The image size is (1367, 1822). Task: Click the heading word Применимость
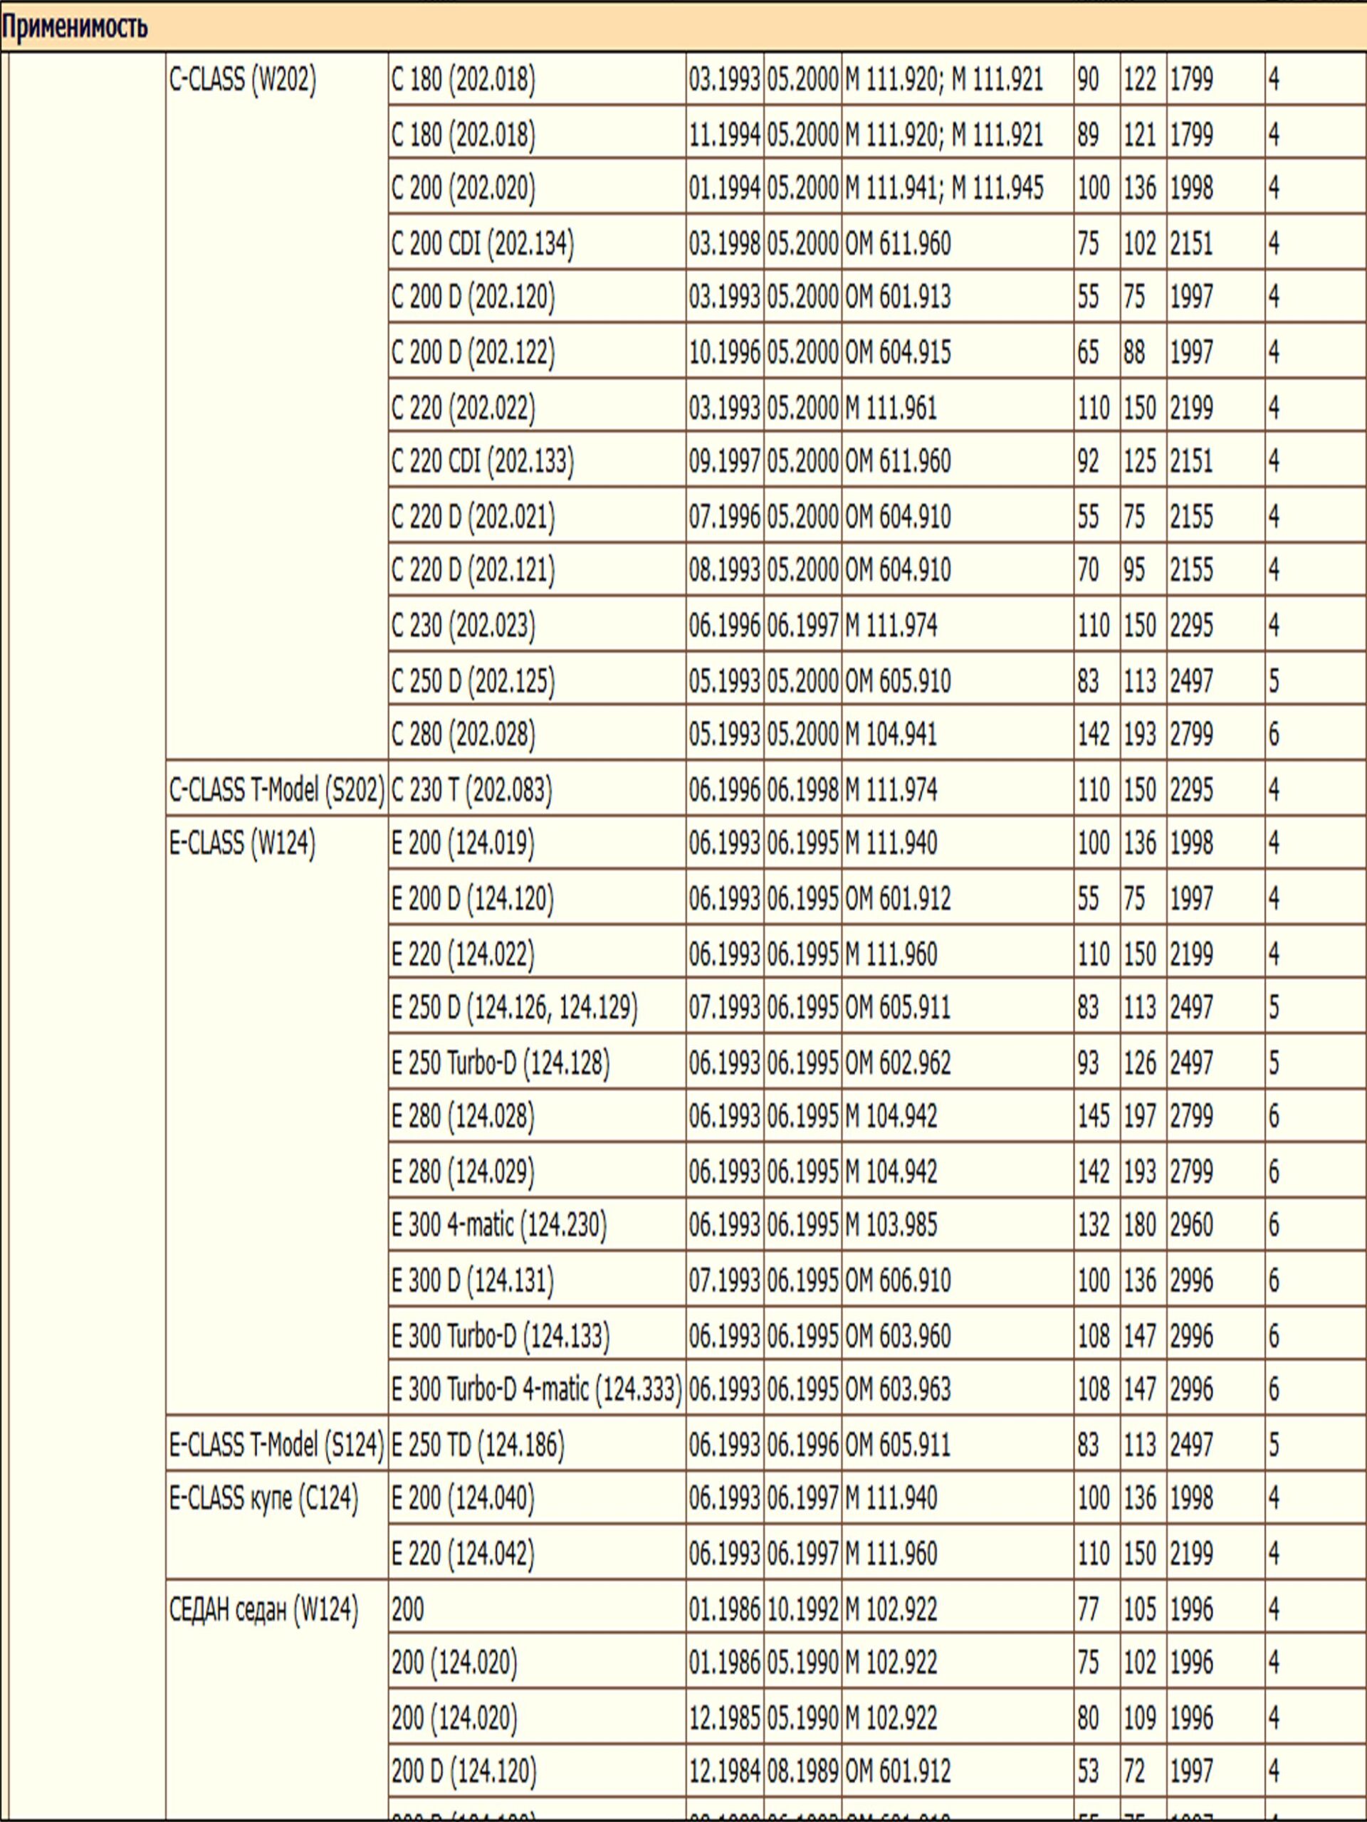[x=74, y=26]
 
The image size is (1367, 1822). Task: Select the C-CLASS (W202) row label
[x=242, y=80]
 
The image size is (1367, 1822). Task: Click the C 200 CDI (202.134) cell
[x=482, y=244]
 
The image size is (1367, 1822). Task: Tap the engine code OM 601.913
[x=897, y=297]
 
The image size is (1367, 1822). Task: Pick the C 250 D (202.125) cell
[x=472, y=681]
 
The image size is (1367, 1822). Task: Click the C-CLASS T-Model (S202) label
[x=277, y=790]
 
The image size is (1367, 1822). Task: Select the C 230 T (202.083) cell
[x=471, y=790]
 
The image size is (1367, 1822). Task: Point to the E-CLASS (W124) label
[x=242, y=843]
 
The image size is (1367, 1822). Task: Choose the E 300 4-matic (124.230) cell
[x=498, y=1226]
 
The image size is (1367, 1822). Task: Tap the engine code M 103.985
[x=891, y=1226]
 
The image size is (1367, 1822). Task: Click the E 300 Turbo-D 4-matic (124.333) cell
[x=536, y=1389]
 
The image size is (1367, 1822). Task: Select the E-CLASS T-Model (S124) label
[x=277, y=1445]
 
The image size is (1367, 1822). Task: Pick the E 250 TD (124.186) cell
[x=478, y=1445]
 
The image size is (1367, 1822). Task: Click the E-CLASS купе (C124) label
[x=263, y=1498]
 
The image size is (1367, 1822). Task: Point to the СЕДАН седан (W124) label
[x=263, y=1608]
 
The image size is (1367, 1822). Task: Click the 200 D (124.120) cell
[x=463, y=1770]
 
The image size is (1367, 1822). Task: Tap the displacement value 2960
[x=1191, y=1226]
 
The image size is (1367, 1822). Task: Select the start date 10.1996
[x=724, y=352]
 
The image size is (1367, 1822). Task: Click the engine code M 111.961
[x=891, y=408]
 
